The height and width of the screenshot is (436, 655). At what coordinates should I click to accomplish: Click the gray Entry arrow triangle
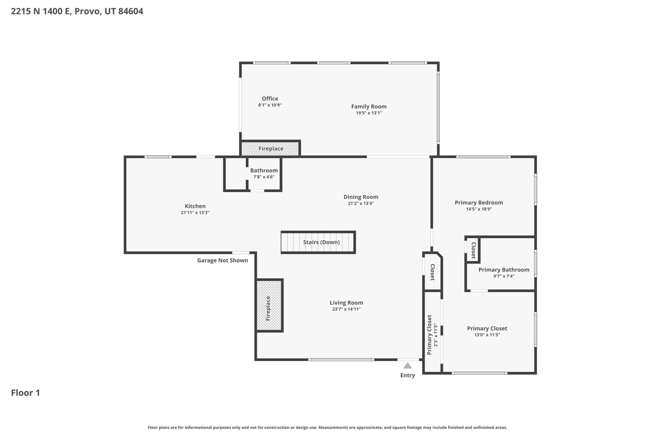pyautogui.click(x=407, y=365)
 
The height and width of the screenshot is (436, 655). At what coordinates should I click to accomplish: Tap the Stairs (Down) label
pyautogui.click(x=321, y=242)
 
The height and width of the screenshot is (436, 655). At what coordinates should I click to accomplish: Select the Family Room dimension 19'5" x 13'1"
pyautogui.click(x=369, y=113)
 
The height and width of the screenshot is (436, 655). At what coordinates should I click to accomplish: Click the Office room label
pyautogui.click(x=270, y=98)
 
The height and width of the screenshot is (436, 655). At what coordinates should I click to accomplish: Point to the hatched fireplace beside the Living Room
pyautogui.click(x=269, y=305)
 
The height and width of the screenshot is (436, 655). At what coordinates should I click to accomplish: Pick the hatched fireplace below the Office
pyautogui.click(x=270, y=149)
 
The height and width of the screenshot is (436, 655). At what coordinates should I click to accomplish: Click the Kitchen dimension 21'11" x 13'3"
pyautogui.click(x=195, y=212)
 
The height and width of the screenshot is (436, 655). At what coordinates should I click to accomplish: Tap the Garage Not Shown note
pyautogui.click(x=223, y=260)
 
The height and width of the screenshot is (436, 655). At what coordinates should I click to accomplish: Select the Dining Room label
pyautogui.click(x=361, y=197)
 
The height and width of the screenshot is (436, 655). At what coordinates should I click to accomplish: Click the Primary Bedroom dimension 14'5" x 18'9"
pyautogui.click(x=479, y=209)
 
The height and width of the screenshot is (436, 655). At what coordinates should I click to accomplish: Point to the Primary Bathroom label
pyautogui.click(x=504, y=270)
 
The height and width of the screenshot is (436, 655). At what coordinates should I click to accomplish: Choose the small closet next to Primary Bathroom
pyautogui.click(x=472, y=249)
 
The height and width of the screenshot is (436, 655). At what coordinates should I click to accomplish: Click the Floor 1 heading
pyautogui.click(x=26, y=393)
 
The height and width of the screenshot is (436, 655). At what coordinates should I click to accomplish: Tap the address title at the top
pyautogui.click(x=77, y=11)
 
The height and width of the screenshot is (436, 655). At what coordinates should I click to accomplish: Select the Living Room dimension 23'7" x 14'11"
pyautogui.click(x=346, y=309)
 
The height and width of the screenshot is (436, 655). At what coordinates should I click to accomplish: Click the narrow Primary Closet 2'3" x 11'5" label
pyautogui.click(x=432, y=335)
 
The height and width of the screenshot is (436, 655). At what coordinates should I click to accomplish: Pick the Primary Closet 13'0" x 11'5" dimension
pyautogui.click(x=487, y=335)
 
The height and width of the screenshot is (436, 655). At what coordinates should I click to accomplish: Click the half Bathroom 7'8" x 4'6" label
pyautogui.click(x=264, y=173)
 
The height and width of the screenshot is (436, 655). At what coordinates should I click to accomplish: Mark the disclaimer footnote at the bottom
pyautogui.click(x=327, y=427)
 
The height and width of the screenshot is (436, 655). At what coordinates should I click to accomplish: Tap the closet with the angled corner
pyautogui.click(x=433, y=272)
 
